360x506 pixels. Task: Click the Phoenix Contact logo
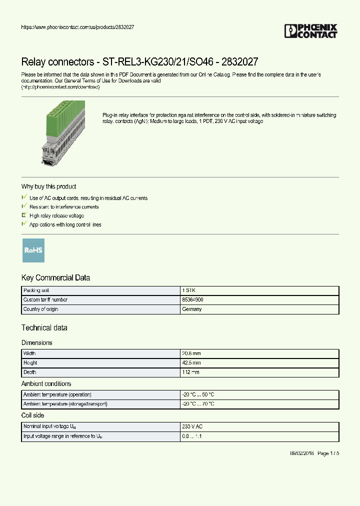point(310,31)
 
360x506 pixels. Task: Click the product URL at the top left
point(77,27)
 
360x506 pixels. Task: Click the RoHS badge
point(33,250)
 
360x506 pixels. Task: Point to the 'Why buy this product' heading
point(48,186)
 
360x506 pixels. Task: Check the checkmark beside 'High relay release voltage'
point(24,215)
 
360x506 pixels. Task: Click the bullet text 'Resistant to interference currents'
point(64,207)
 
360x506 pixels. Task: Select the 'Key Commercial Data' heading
point(55,278)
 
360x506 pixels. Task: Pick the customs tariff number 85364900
point(193,300)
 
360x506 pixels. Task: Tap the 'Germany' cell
point(192,309)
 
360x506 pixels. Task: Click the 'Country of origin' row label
point(41,309)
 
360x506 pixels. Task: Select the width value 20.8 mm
point(191,353)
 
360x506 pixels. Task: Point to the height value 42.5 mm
point(191,363)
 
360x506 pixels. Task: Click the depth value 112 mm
point(191,372)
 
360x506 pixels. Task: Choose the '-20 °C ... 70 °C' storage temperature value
point(198,404)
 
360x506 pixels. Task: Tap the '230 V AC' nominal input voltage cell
point(192,427)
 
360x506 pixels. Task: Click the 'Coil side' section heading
point(32,415)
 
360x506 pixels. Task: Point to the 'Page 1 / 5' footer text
point(328,453)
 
